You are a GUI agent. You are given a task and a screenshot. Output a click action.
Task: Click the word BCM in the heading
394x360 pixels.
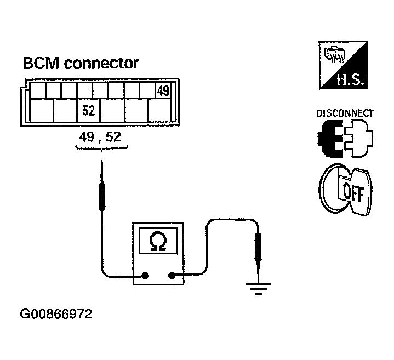pyautogui.click(x=41, y=63)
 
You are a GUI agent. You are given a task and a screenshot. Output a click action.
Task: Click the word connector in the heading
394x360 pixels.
pyautogui.click(x=101, y=63)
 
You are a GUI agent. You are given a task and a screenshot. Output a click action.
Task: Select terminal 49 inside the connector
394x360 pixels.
pyautogui.click(x=163, y=91)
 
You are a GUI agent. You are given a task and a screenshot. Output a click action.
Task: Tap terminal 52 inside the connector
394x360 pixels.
pyautogui.click(x=89, y=111)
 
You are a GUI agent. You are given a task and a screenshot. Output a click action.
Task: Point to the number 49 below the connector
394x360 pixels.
pyautogui.click(x=87, y=137)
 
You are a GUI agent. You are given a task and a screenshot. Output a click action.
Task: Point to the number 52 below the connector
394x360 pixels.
pyautogui.click(x=113, y=137)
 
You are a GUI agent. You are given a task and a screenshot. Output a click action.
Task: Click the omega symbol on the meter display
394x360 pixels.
pyautogui.click(x=158, y=242)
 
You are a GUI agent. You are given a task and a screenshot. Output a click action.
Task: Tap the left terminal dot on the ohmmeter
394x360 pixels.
pyautogui.click(x=145, y=276)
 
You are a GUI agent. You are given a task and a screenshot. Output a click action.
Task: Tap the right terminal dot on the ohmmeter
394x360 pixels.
pyautogui.click(x=172, y=276)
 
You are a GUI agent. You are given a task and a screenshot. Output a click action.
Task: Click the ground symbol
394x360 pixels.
pyautogui.click(x=258, y=288)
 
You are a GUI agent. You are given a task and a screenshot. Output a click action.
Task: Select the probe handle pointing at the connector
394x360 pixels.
pyautogui.click(x=102, y=197)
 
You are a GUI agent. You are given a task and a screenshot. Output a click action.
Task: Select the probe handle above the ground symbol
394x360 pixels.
pyautogui.click(x=258, y=247)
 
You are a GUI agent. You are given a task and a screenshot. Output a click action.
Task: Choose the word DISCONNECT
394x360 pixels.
pyautogui.click(x=345, y=113)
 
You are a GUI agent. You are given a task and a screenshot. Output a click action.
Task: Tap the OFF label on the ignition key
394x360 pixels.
pyautogui.click(x=354, y=193)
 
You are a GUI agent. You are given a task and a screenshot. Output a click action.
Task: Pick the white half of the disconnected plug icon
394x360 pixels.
pyautogui.click(x=359, y=138)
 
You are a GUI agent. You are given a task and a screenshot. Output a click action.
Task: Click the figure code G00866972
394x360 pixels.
pyautogui.click(x=56, y=314)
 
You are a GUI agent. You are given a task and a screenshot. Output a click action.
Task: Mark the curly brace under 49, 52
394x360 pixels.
pyautogui.click(x=101, y=148)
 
